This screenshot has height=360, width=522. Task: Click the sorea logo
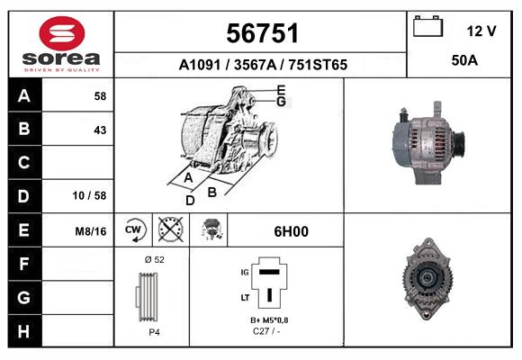tap(61, 44)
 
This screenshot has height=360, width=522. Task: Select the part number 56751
tap(261, 33)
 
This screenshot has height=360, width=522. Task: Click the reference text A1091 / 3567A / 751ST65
tap(263, 65)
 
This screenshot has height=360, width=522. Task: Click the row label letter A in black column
tap(24, 95)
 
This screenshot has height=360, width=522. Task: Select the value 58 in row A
tap(99, 95)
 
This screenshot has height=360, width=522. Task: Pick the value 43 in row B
tap(99, 130)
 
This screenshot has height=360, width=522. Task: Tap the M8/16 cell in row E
tap(91, 231)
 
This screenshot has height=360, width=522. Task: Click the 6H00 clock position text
tap(291, 231)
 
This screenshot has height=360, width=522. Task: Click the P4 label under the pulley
tap(154, 332)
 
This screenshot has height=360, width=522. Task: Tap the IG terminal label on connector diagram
tap(243, 270)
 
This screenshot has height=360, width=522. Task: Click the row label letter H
tap(24, 330)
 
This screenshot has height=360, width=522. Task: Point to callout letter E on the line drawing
tap(281, 89)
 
